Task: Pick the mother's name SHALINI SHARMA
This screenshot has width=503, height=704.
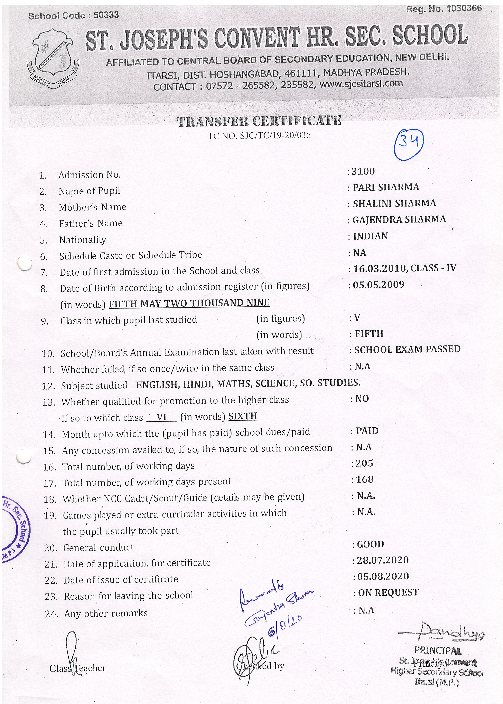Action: click(394, 203)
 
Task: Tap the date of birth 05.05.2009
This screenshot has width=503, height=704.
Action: click(379, 285)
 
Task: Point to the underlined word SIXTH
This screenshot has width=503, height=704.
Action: click(243, 416)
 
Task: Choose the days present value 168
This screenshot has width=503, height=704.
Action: click(365, 479)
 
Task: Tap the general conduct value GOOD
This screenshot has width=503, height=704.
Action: click(370, 544)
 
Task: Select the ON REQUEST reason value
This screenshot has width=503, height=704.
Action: click(388, 592)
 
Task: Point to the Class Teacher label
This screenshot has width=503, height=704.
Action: click(77, 668)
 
